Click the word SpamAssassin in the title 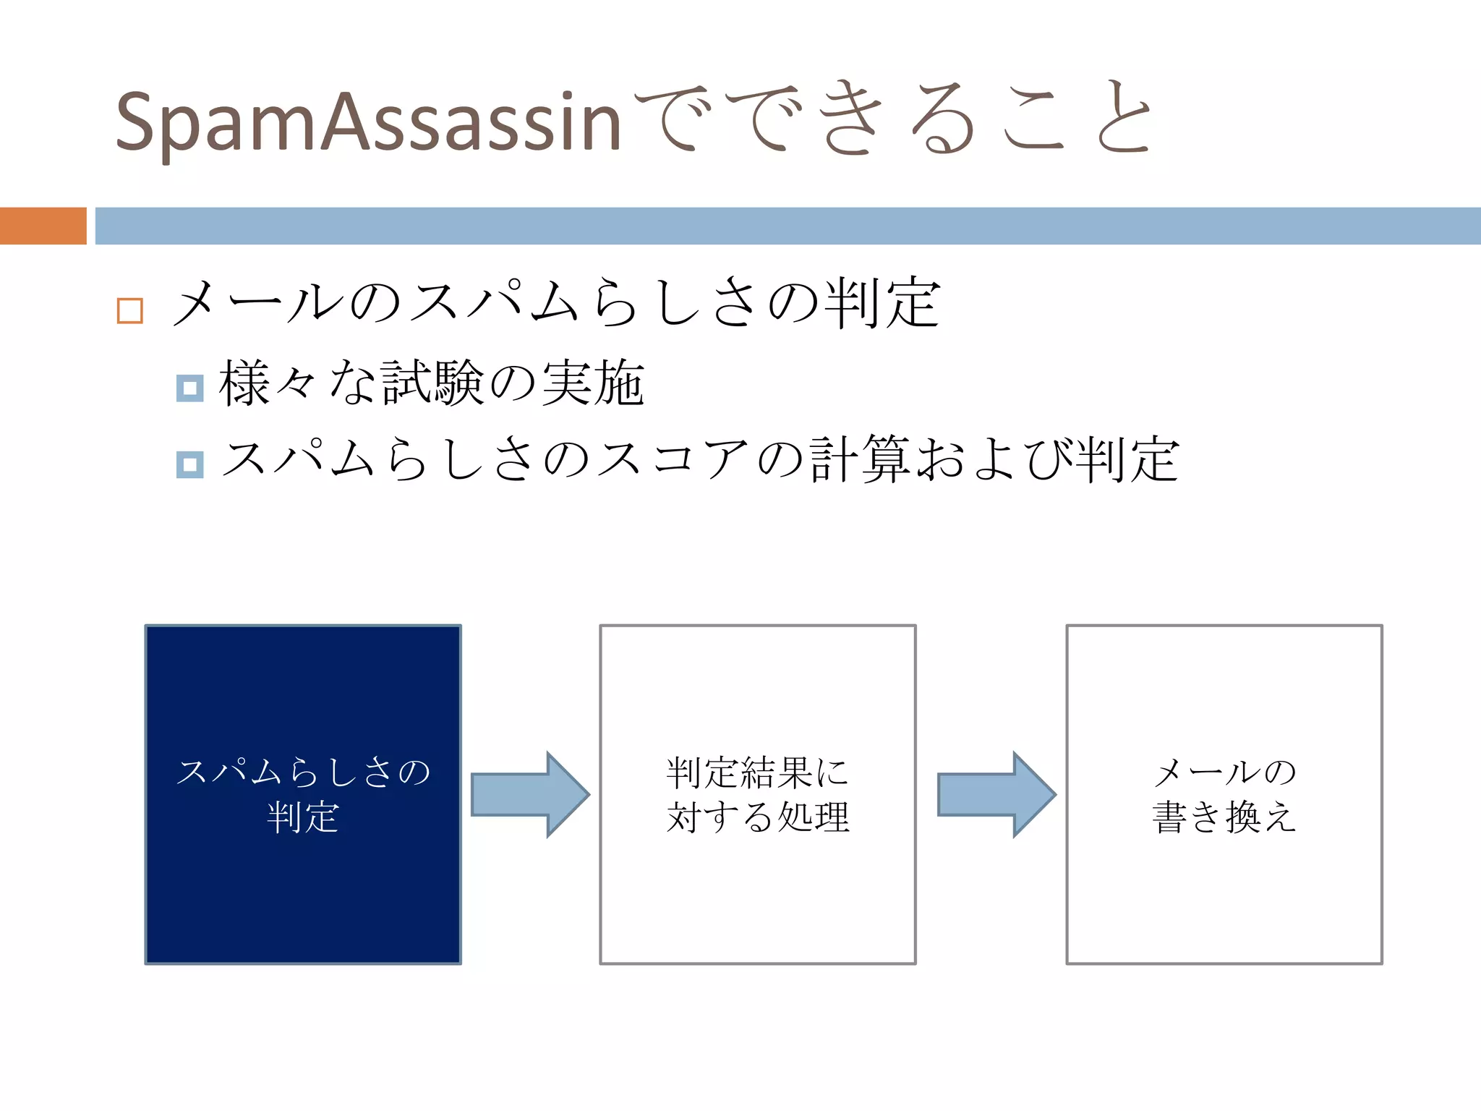click(x=367, y=122)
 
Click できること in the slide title click(x=893, y=119)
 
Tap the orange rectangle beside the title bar click(x=43, y=226)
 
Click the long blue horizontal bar click(x=787, y=226)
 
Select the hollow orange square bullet click(x=130, y=311)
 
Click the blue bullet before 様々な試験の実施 click(x=189, y=388)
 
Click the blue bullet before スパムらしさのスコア click(x=189, y=464)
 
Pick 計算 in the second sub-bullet click(x=859, y=460)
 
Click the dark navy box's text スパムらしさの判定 click(x=303, y=794)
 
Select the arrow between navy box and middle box click(x=530, y=794)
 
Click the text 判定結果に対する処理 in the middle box click(x=757, y=794)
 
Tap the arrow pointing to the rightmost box click(x=996, y=794)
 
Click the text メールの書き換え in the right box click(x=1224, y=794)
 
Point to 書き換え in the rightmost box click(x=1224, y=817)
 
